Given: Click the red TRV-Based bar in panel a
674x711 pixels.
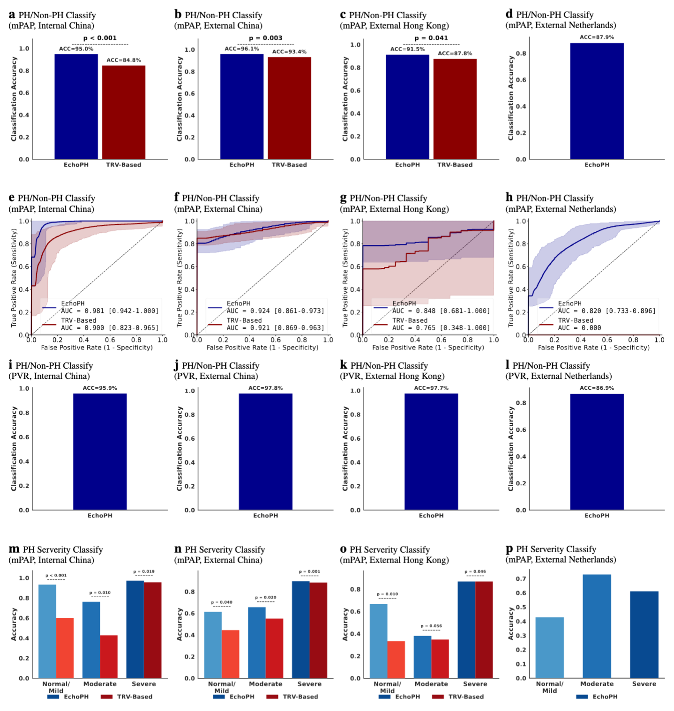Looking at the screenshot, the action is (124, 112).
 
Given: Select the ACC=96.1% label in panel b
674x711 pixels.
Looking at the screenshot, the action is (242, 49).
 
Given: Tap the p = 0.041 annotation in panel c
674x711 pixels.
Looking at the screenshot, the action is (431, 38).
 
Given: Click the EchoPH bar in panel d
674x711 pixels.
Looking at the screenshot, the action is (597, 101).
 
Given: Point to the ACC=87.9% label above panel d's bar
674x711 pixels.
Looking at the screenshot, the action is (597, 37).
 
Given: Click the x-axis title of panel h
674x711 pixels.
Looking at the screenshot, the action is (594, 348).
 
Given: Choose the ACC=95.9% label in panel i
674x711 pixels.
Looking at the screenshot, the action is (100, 388).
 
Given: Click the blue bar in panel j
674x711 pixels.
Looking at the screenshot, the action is (266, 452).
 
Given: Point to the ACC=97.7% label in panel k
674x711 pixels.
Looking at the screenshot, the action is (431, 388).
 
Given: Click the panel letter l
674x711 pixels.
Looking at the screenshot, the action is (508, 365).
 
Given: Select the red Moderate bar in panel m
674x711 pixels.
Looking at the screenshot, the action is (109, 657).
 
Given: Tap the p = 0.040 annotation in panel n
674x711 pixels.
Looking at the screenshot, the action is (222, 602).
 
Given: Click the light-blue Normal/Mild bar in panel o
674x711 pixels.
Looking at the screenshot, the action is (379, 641).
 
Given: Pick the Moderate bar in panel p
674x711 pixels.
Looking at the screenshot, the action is (597, 626).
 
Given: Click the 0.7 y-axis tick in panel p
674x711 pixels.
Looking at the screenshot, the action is (521, 579).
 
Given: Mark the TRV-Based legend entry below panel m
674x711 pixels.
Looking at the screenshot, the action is (127, 697).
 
